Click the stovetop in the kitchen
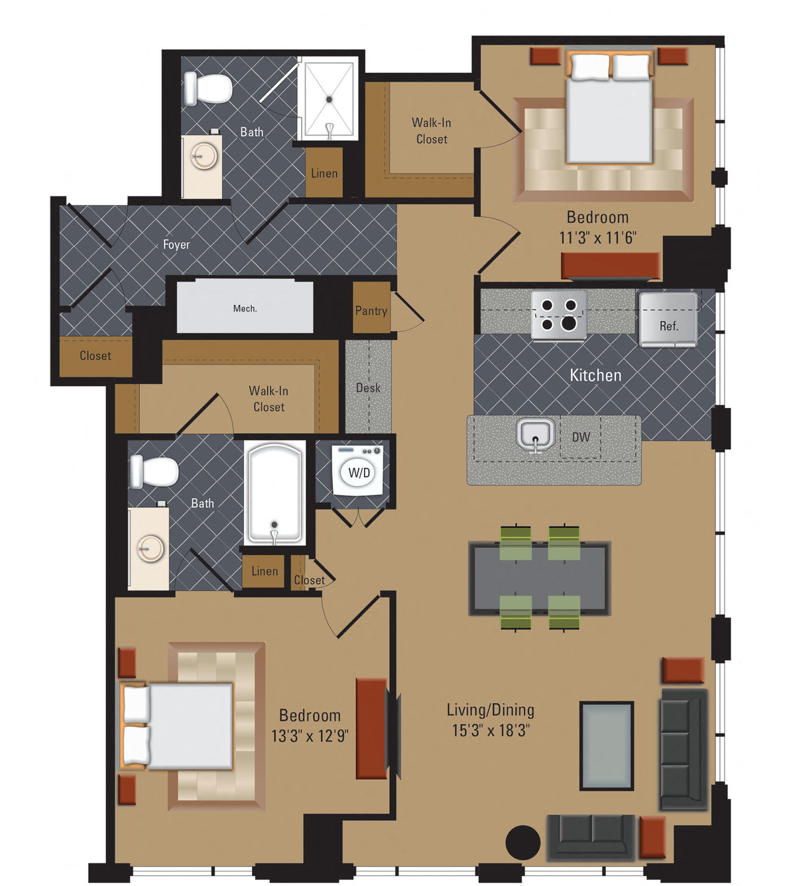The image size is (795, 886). pos(559,315)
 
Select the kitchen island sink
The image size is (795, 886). pos(536,435)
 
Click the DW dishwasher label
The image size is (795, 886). pos(581,437)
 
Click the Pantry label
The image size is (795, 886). pos(371,311)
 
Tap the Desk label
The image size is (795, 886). pos(368,388)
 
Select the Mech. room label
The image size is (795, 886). pos(245,308)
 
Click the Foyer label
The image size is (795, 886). pos(176,245)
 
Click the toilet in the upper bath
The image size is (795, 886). pos(208,88)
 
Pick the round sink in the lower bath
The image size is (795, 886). pos(150,549)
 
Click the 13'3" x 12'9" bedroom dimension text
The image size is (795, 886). pos(310,736)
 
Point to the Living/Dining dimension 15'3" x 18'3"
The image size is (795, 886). pos(491,730)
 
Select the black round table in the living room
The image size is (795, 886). pos(523,842)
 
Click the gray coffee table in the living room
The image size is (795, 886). pos(607,745)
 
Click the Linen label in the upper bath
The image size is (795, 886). pos(324,174)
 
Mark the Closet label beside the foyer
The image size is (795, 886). pos(95,356)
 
